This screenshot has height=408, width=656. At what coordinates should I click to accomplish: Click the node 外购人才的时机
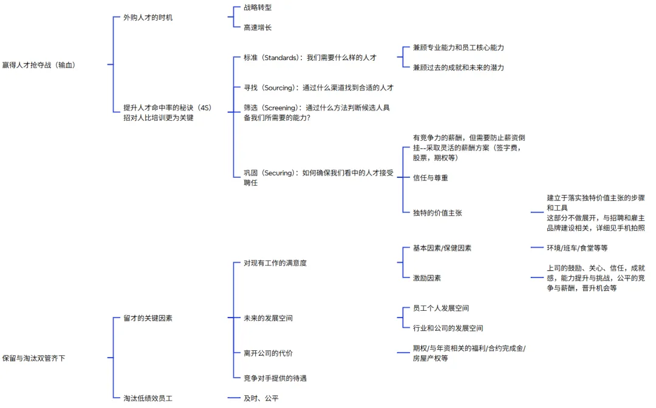point(148,18)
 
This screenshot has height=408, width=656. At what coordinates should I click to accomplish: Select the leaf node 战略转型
point(258,8)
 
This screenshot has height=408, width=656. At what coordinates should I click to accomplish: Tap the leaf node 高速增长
point(258,28)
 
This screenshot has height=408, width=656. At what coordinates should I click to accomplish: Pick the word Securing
point(278,173)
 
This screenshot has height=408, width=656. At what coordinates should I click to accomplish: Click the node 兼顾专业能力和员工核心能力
point(458,47)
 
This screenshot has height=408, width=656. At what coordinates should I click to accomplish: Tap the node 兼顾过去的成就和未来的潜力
point(458,67)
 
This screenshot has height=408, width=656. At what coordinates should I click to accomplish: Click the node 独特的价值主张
point(437,213)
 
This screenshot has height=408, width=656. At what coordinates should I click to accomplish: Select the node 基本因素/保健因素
point(442,248)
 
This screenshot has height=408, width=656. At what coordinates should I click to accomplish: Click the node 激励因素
point(426,278)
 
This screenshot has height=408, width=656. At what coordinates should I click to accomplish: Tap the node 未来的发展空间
point(268,318)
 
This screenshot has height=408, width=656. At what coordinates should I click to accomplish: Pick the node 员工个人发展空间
point(440,308)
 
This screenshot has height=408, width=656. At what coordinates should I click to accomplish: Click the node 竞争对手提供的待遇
point(275,378)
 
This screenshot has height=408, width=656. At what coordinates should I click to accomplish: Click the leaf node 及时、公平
point(261,398)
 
